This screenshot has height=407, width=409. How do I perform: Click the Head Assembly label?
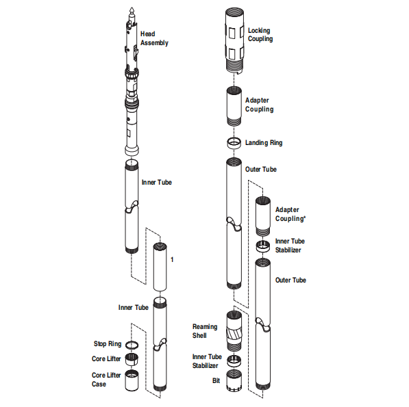pos(153,38)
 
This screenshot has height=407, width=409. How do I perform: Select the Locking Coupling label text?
pos(260,35)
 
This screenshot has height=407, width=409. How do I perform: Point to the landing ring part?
pos(234,143)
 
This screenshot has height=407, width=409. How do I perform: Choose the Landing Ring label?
pos(263,143)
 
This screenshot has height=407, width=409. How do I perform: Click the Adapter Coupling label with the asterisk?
pos(290,214)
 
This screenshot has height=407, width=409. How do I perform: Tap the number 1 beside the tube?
pos(172,260)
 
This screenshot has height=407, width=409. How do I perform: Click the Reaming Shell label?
pos(204,331)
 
